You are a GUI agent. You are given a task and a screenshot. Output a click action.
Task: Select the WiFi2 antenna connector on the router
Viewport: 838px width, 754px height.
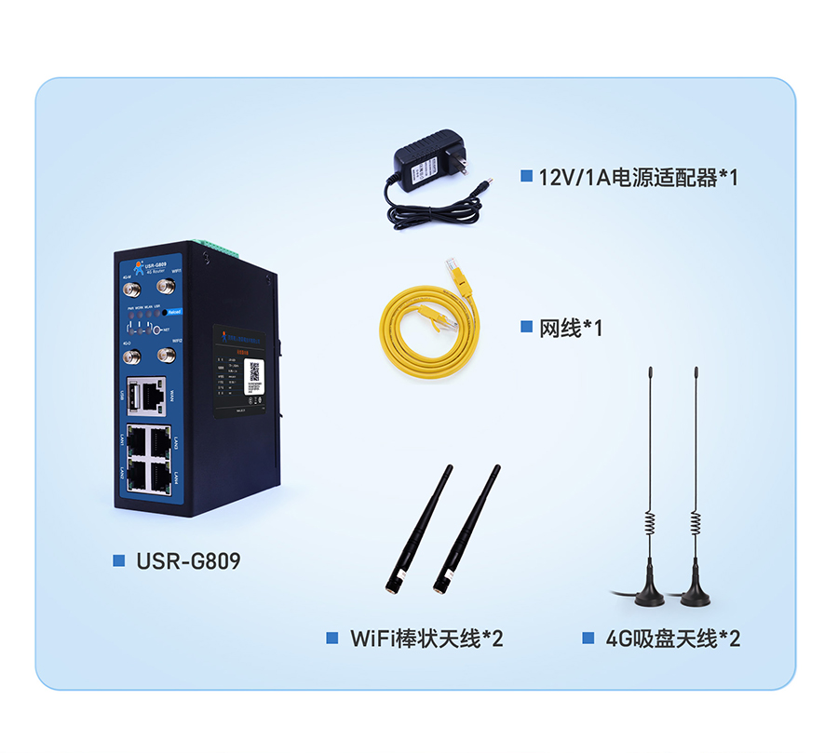coord(169,355)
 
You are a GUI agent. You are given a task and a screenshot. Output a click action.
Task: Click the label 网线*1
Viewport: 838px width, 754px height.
coord(571,328)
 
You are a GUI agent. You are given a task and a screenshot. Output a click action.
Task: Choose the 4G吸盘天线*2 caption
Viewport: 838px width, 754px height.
coord(673,639)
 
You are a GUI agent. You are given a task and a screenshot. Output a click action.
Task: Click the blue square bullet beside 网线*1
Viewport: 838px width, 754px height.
coord(526,328)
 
